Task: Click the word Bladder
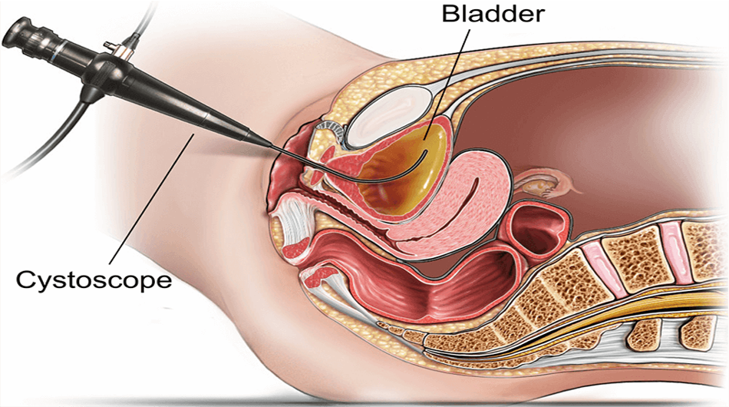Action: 493,14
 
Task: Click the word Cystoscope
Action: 94,280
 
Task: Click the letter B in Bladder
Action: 450,14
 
